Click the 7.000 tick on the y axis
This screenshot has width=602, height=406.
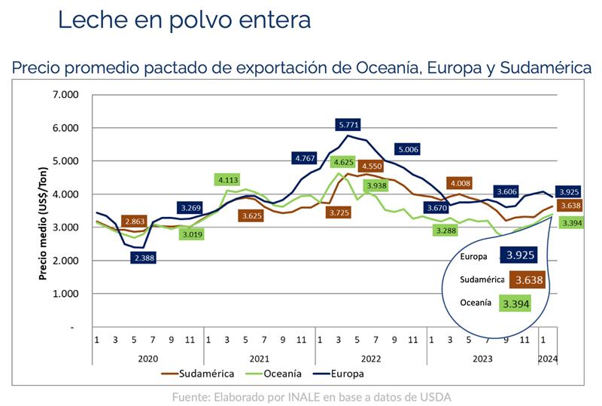coord(65,95)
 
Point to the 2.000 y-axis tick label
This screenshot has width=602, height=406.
coord(65,261)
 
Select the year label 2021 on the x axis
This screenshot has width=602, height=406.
coord(259,359)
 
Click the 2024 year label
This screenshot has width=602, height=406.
coord(547,359)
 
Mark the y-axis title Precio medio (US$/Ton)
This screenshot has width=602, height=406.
coord(44,221)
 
